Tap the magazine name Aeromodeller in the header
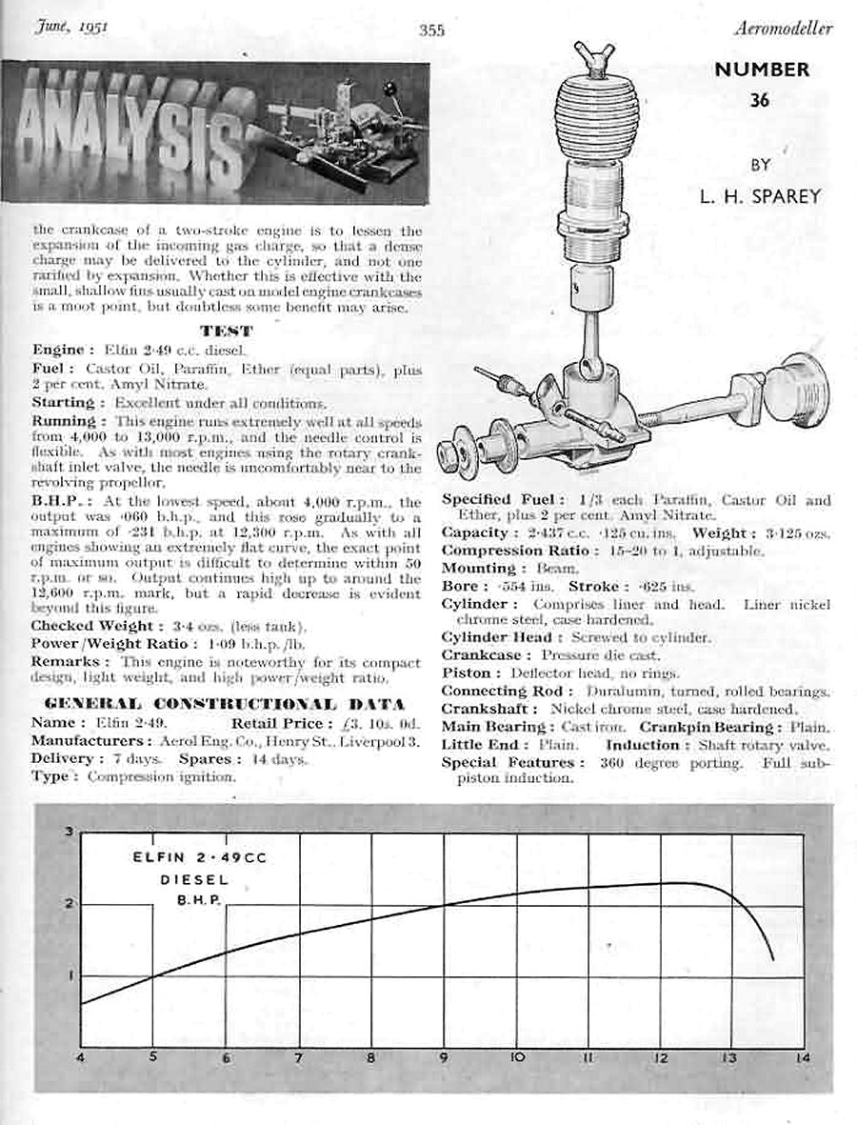coord(784,29)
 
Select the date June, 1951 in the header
coord(72,26)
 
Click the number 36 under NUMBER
coord(759,99)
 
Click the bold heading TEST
coord(227,331)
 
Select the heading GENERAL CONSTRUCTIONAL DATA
coord(226,704)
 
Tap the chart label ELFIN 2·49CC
coord(200,858)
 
